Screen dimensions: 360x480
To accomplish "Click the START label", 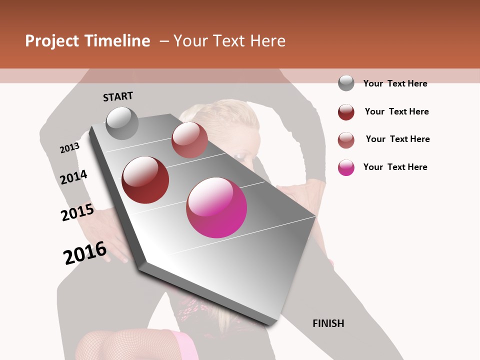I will tap(118, 96).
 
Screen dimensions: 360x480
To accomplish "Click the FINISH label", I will tap(328, 323).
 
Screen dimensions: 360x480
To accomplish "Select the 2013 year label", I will tap(69, 148).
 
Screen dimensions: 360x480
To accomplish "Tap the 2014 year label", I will tap(73, 177).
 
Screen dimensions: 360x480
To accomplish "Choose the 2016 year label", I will tap(85, 253).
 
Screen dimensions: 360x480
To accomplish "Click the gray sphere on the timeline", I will tap(122, 123).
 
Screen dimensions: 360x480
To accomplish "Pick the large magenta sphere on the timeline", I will tap(216, 207).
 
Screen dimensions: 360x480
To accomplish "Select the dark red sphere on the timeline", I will tap(145, 180).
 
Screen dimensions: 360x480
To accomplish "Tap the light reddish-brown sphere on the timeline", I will tap(189, 140).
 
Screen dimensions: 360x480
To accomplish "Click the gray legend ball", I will tap(346, 83).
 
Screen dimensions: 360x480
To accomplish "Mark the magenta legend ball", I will tap(346, 167).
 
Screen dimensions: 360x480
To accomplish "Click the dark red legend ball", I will tap(346, 112).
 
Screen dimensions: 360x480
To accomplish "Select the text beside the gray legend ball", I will tap(395, 83).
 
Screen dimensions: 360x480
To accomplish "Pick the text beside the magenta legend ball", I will tap(395, 167).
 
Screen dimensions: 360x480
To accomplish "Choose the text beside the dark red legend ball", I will tap(396, 111).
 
